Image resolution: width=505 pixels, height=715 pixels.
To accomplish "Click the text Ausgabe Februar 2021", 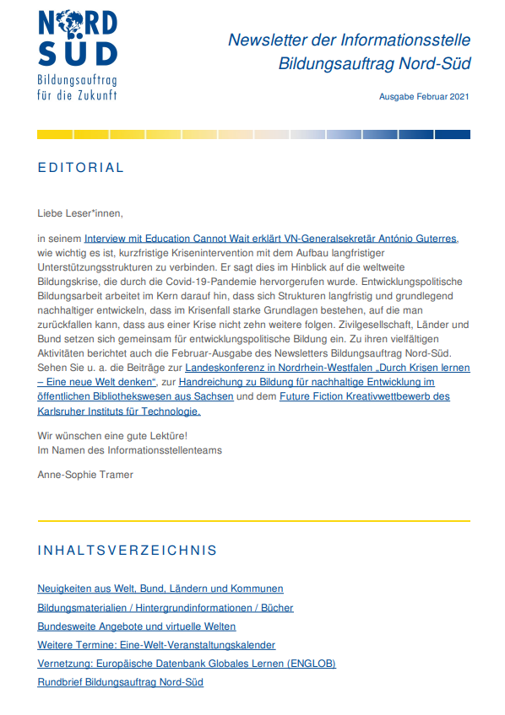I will (425, 97).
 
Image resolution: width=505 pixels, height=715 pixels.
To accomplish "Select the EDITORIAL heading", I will (81, 168).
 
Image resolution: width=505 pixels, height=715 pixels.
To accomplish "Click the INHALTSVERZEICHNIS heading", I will (127, 551).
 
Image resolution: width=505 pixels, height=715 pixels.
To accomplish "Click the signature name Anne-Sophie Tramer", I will (85, 475).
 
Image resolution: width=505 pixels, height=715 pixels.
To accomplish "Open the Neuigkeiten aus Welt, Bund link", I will (160, 589).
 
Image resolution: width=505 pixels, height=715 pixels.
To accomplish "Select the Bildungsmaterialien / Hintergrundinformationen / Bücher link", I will (166, 607).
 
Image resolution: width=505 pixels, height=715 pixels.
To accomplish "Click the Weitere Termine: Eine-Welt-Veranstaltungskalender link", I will (156, 645).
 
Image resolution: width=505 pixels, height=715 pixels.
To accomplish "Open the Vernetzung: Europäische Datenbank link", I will (187, 664).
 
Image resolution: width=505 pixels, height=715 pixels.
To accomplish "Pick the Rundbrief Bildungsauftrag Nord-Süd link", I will (121, 682).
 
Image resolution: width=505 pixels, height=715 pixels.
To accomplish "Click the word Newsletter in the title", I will (267, 40).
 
